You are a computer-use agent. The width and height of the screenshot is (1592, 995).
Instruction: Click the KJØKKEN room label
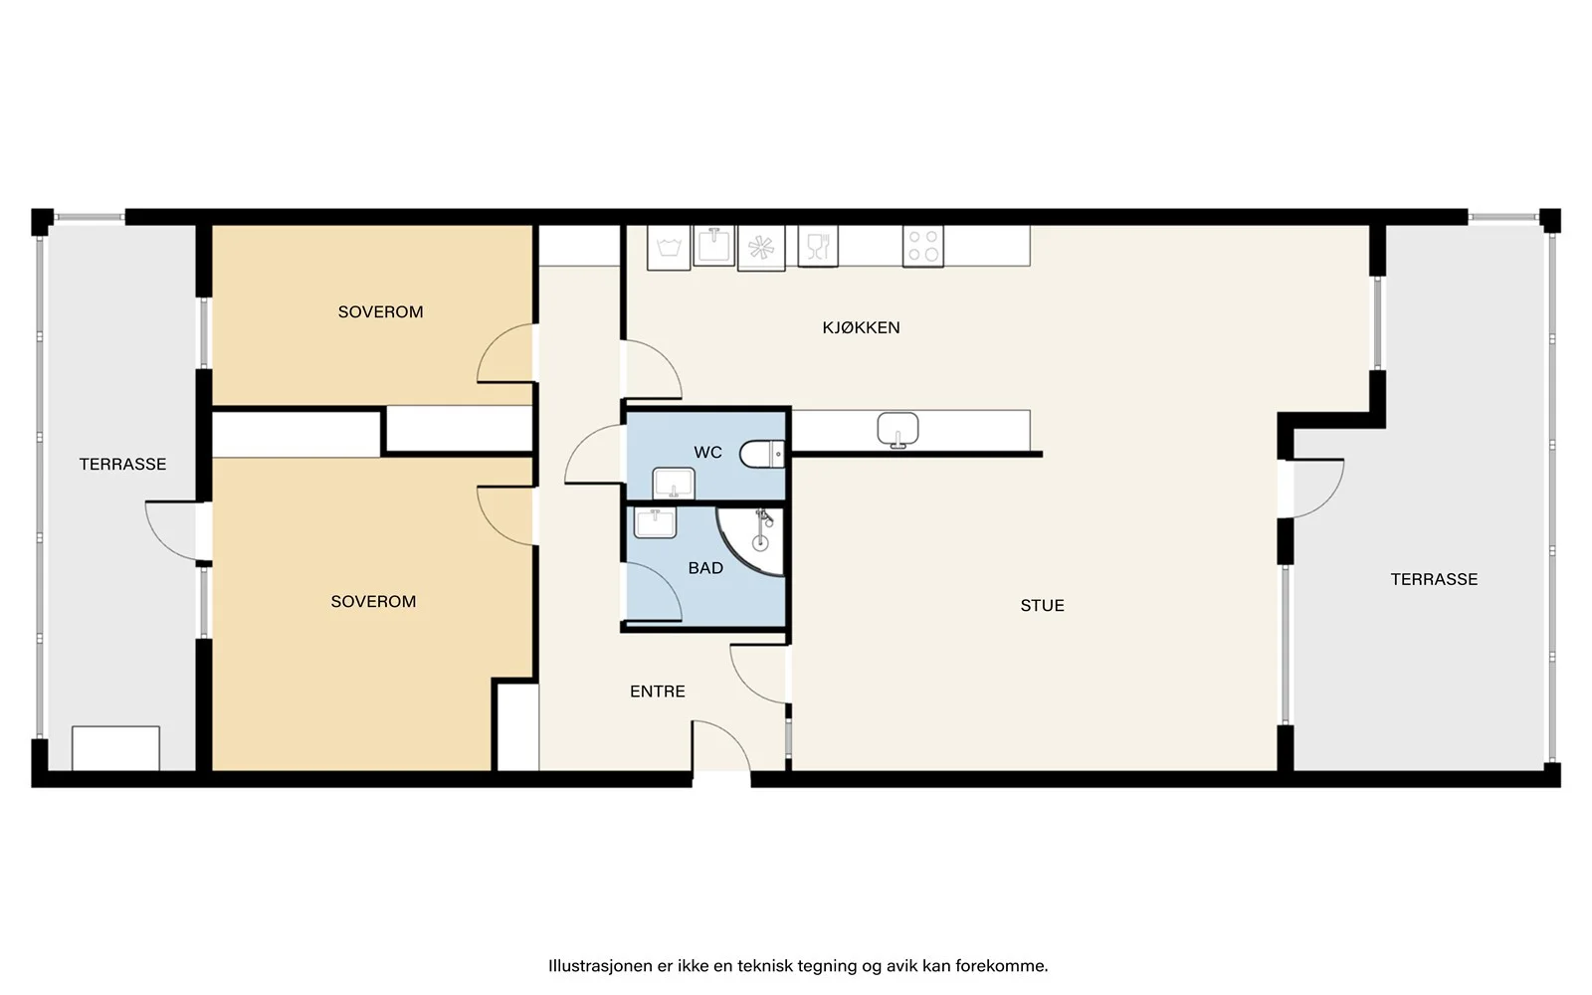[x=861, y=327]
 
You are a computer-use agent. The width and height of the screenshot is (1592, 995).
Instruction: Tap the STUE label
[x=1042, y=606]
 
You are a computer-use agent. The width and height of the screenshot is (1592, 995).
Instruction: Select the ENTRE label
[x=658, y=692]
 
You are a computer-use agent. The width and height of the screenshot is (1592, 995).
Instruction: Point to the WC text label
[x=707, y=452]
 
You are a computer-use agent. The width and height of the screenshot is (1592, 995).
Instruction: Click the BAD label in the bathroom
[x=705, y=568]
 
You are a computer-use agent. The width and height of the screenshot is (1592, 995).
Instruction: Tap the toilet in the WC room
[x=762, y=454]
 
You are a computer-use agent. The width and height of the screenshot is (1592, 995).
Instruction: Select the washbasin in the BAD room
[x=656, y=523]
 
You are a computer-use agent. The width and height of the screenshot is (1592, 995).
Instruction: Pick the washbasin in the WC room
[x=674, y=484]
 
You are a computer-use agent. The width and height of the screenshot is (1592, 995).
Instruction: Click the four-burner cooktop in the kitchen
[x=923, y=247]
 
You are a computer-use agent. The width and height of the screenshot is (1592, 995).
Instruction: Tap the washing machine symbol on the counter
[x=669, y=248]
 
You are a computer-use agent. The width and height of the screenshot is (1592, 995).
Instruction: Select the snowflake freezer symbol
[x=761, y=248]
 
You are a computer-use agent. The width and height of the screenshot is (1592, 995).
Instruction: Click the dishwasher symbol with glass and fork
[x=818, y=247]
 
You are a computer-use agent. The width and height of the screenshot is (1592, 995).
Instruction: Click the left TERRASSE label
[x=122, y=465]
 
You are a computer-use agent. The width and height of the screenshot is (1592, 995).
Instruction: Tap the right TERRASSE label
[x=1434, y=580]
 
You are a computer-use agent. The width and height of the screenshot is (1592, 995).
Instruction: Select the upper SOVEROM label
[x=380, y=312]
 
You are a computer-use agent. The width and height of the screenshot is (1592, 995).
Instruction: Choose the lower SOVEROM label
[x=373, y=602]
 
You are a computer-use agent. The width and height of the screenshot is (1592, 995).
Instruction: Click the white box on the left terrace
[x=115, y=748]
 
